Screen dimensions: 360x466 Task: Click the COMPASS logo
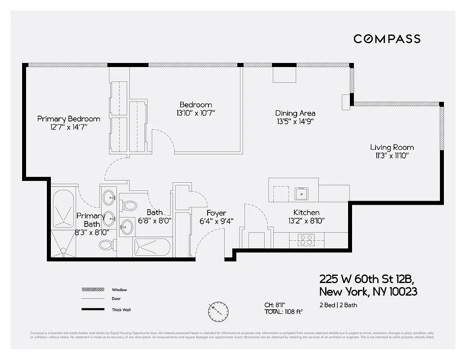tap(387, 39)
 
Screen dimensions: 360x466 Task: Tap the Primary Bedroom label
tap(68, 119)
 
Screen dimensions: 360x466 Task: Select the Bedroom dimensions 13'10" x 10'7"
tap(195, 113)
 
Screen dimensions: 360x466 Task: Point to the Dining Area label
tap(295, 113)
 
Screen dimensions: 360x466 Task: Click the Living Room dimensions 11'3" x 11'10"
tap(392, 156)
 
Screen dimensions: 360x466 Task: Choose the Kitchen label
tap(306, 212)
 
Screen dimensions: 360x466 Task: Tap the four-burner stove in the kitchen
tap(307, 240)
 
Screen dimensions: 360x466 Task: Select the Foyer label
tap(216, 213)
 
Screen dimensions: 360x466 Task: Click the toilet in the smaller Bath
tap(129, 206)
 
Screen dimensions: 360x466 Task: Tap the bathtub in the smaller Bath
tap(152, 247)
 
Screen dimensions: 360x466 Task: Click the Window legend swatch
tap(92, 290)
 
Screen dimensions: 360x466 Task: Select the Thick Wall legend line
tap(92, 310)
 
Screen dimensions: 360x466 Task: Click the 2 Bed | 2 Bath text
tap(338, 305)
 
